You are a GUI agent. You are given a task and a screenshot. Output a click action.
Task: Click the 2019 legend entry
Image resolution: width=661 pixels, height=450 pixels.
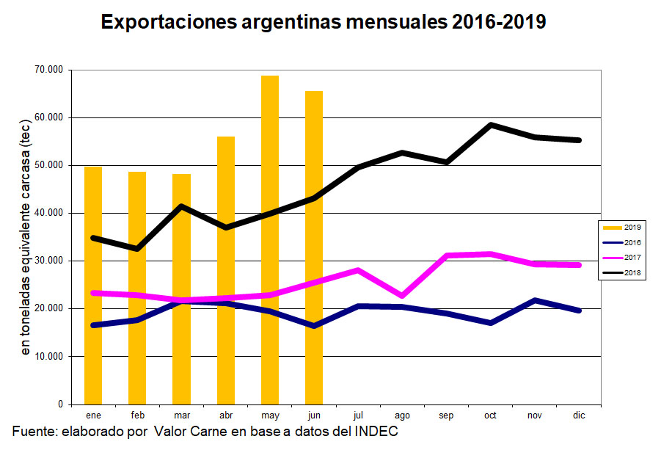pyautogui.click(x=622, y=227)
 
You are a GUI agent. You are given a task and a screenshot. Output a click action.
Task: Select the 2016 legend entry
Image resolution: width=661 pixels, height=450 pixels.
pyautogui.click(x=622, y=242)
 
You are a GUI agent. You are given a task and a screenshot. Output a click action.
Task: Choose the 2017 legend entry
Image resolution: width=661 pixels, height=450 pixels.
pyautogui.click(x=622, y=258)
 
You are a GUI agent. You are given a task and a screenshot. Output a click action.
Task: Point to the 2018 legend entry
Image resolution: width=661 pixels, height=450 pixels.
pyautogui.click(x=622, y=273)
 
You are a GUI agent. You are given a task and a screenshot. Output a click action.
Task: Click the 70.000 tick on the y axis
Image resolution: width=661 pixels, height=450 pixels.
pyautogui.click(x=48, y=70)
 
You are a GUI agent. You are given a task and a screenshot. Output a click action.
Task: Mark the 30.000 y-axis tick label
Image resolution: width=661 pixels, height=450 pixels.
pyautogui.click(x=48, y=261)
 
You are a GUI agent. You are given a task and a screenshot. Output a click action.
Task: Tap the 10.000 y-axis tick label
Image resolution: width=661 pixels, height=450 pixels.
pyautogui.click(x=48, y=357)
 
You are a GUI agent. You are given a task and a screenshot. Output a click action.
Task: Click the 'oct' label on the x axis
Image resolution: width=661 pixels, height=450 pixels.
pyautogui.click(x=490, y=415)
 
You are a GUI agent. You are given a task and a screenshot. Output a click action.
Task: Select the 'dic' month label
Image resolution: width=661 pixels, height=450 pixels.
pyautogui.click(x=579, y=415)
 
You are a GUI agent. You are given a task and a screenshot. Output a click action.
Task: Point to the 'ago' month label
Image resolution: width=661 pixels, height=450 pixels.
pyautogui.click(x=402, y=415)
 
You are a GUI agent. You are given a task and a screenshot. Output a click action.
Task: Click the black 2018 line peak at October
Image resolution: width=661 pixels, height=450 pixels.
pyautogui.click(x=490, y=125)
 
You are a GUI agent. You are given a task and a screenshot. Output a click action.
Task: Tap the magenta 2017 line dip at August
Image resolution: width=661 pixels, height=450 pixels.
pyautogui.click(x=402, y=296)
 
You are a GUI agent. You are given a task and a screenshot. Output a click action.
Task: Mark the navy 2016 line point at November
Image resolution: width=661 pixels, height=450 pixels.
pyautogui.click(x=535, y=300)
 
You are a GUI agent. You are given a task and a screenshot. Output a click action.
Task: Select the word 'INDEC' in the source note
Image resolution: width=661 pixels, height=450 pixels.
pyautogui.click(x=376, y=431)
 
